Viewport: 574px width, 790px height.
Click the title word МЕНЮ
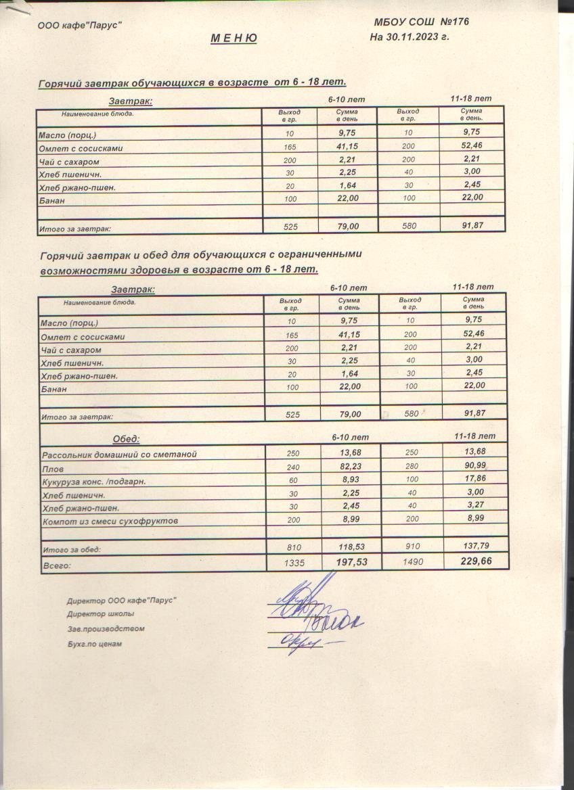tap(234, 39)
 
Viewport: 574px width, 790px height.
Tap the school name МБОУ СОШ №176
tap(421, 22)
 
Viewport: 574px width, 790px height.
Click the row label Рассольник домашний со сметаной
tap(119, 455)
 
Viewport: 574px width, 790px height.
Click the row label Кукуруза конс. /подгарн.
tap(94, 482)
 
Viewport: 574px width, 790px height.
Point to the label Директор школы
tap(100, 614)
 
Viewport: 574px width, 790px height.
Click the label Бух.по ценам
tap(94, 644)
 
